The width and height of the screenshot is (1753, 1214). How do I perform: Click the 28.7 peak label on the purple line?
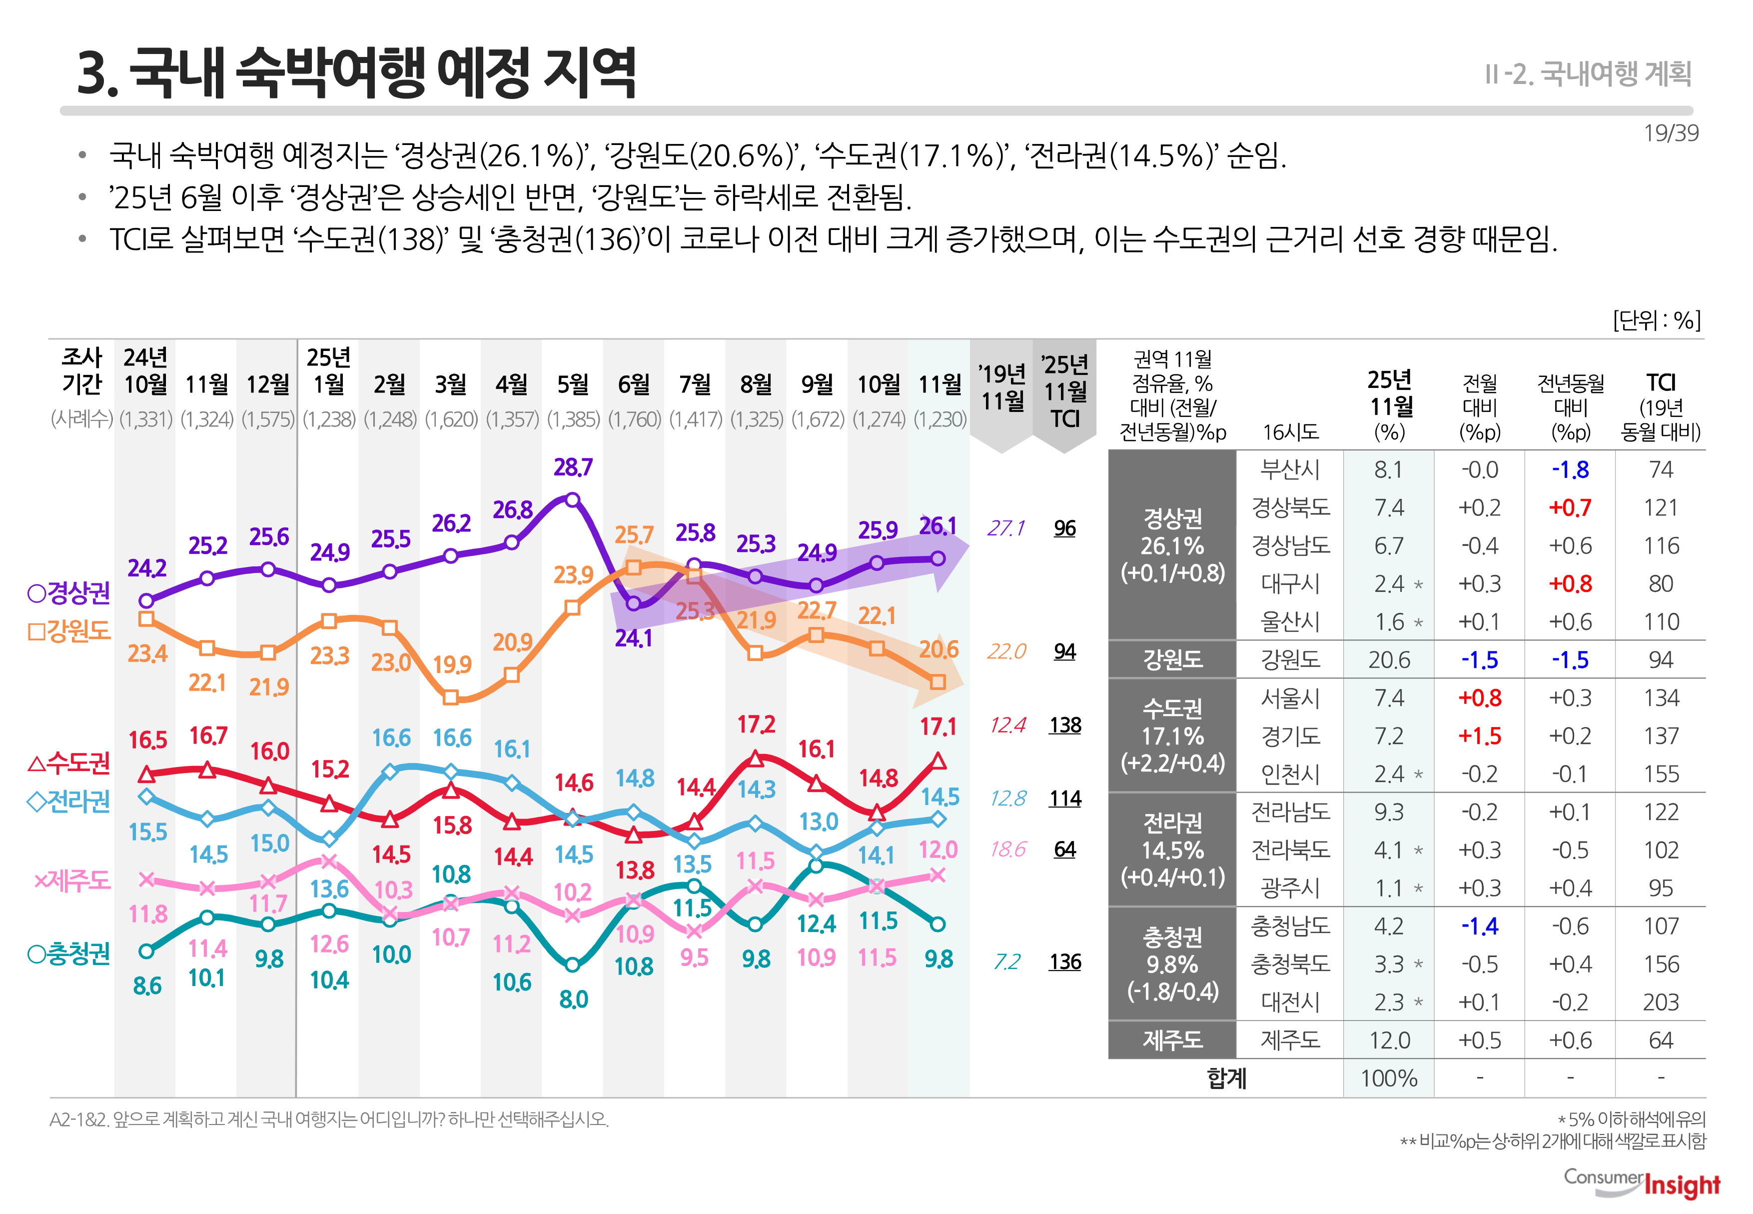click(x=573, y=467)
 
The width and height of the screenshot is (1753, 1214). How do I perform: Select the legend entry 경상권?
click(x=69, y=592)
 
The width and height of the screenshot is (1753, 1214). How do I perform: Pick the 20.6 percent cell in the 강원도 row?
click(x=1388, y=659)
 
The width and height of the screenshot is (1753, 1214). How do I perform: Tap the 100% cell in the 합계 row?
click(x=1388, y=1078)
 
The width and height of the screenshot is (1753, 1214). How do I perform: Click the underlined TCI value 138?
click(x=1064, y=725)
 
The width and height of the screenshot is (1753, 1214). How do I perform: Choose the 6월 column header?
click(x=633, y=384)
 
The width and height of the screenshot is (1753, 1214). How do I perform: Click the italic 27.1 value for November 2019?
click(x=1006, y=528)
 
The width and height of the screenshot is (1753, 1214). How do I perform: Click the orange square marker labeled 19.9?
click(x=450, y=697)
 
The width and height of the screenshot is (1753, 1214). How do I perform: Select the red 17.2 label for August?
click(x=756, y=724)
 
